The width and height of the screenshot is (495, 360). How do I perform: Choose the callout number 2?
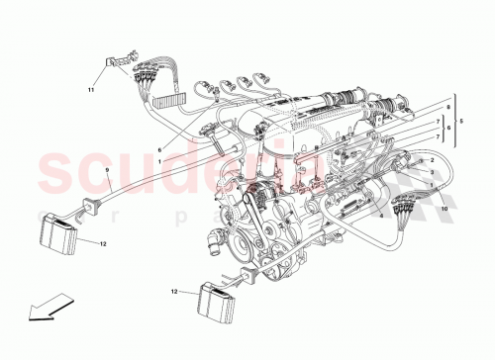point(433,159)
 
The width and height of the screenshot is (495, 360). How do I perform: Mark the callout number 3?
point(432,170)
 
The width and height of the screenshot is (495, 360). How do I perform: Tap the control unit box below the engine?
point(221,298)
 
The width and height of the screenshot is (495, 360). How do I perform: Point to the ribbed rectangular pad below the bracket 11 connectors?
point(174,97)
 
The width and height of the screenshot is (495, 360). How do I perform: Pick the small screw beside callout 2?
point(415,161)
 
